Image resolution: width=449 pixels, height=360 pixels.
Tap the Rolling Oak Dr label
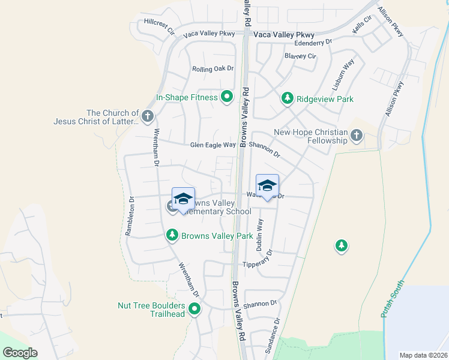212,69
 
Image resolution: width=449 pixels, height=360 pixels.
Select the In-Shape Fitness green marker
227,97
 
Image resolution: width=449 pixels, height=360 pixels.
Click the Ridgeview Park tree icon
288,98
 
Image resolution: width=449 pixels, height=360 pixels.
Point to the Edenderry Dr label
313,43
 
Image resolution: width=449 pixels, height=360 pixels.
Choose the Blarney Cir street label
300,56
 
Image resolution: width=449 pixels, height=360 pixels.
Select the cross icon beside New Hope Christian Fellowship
357,136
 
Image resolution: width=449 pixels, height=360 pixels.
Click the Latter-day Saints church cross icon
148,116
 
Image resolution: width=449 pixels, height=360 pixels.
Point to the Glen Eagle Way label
212,145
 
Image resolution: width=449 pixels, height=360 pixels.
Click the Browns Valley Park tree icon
172,236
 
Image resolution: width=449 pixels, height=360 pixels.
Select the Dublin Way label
260,234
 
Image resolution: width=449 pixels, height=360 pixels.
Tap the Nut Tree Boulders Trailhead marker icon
194,310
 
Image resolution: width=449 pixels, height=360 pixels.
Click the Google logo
20,353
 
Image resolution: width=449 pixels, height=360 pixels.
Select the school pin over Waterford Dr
267,185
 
